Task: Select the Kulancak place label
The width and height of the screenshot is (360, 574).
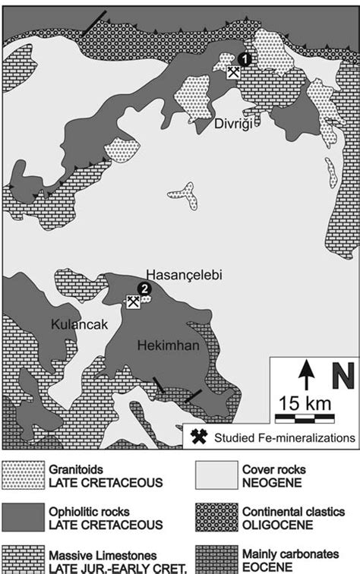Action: pyautogui.click(x=76, y=324)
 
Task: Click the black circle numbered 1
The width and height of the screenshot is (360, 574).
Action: pyautogui.click(x=244, y=59)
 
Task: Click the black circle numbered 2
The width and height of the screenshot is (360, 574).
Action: pyautogui.click(x=144, y=288)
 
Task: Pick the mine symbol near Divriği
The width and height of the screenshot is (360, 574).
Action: pyautogui.click(x=234, y=72)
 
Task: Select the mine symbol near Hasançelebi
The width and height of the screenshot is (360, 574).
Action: pyautogui.click(x=134, y=301)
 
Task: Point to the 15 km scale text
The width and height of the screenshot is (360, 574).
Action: pyautogui.click(x=303, y=401)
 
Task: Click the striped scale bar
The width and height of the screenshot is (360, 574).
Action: pyautogui.click(x=304, y=417)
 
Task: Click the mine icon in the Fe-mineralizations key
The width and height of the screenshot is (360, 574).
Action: pyautogui.click(x=200, y=437)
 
